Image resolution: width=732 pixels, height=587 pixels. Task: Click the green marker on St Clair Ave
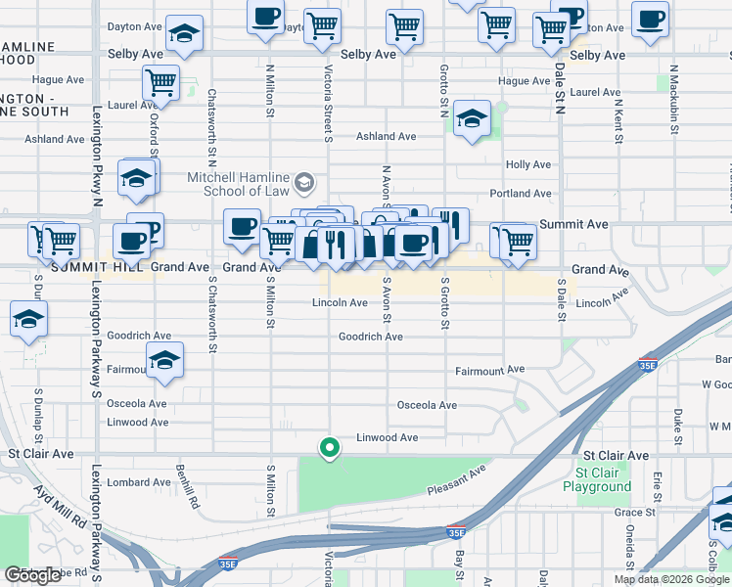coord(330,449)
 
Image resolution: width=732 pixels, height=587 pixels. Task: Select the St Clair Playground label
coord(596,479)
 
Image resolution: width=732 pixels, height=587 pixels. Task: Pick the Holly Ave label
coord(527,165)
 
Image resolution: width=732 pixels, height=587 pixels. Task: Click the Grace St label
coord(635,512)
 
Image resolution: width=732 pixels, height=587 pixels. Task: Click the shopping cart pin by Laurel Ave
coord(160,83)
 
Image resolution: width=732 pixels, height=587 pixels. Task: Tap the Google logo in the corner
coord(32,575)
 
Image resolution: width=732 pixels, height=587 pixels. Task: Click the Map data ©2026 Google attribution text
coord(672,579)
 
